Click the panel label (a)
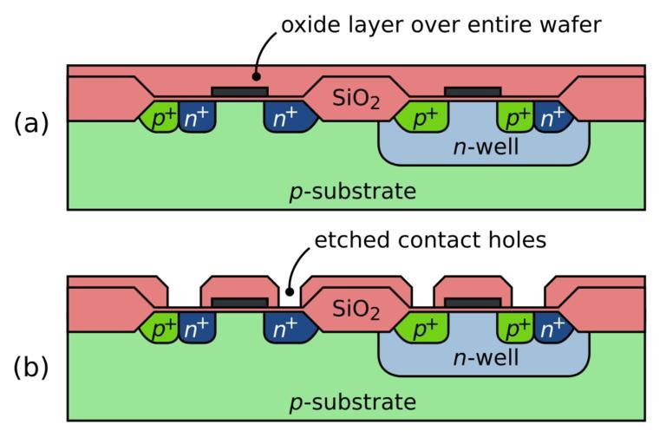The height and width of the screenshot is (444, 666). [x=31, y=123]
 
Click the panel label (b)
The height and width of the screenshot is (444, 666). [x=31, y=367]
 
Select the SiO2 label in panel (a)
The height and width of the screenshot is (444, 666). [x=356, y=100]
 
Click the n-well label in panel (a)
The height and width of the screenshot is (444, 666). [x=486, y=147]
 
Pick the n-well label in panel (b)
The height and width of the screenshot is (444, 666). [x=486, y=357]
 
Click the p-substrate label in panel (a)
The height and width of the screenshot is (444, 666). [x=353, y=190]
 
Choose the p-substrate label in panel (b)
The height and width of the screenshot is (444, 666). [x=353, y=402]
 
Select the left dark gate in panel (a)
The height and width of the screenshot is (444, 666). [x=240, y=90]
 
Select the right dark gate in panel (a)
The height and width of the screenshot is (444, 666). [x=473, y=90]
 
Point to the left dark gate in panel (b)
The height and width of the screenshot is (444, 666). [x=240, y=302]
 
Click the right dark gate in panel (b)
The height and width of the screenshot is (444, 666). [x=473, y=302]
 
